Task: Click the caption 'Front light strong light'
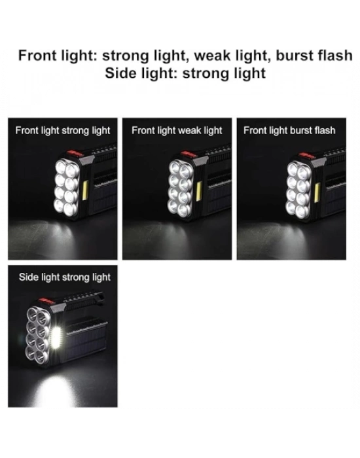[63, 131]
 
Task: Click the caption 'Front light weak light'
[177, 131]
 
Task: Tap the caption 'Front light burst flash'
[289, 131]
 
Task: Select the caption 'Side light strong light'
[65, 277]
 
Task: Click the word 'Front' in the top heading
[38, 56]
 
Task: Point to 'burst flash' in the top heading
[314, 56]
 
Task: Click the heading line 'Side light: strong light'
[185, 73]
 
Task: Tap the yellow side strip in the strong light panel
[85, 190]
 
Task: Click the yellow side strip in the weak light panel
[199, 192]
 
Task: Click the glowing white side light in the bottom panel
[56, 338]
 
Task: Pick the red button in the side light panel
[46, 302]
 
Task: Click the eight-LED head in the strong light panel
[67, 188]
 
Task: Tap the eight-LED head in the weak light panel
[180, 188]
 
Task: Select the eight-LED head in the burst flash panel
[298, 190]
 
